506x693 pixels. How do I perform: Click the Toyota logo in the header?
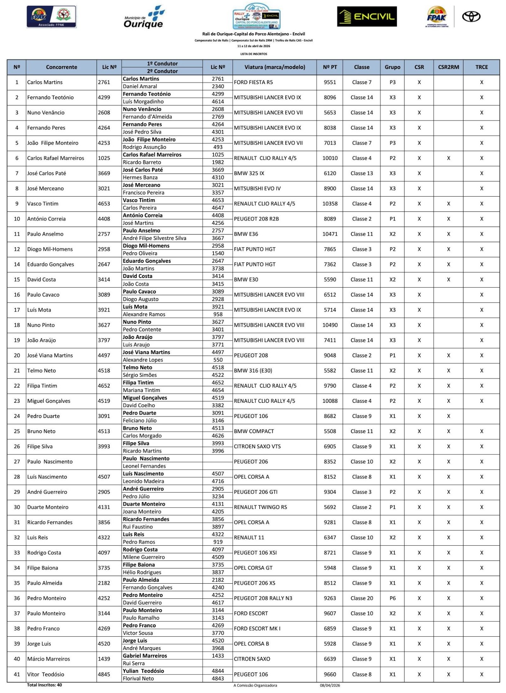click(471, 17)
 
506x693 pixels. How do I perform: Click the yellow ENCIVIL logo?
click(367, 17)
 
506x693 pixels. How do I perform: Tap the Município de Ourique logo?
click(144, 17)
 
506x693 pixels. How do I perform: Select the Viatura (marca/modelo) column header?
click(274, 67)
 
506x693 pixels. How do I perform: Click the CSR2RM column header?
click(448, 67)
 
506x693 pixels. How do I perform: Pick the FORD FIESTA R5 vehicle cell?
click(254, 82)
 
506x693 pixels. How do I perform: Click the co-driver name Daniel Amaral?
click(140, 86)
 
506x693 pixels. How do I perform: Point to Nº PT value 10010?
click(330, 158)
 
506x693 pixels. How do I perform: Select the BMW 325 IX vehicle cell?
click(249, 173)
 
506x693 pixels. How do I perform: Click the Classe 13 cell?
click(361, 173)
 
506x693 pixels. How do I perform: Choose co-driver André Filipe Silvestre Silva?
click(154, 238)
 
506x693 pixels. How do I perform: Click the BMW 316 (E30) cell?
click(253, 370)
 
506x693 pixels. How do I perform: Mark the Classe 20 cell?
click(361, 598)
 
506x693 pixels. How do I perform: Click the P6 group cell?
click(392, 598)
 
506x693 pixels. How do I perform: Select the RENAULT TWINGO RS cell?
click(260, 507)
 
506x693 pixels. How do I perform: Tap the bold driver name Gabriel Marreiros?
click(145, 656)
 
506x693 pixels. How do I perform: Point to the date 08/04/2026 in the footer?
click(330, 685)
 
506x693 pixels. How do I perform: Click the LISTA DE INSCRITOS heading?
click(254, 54)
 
